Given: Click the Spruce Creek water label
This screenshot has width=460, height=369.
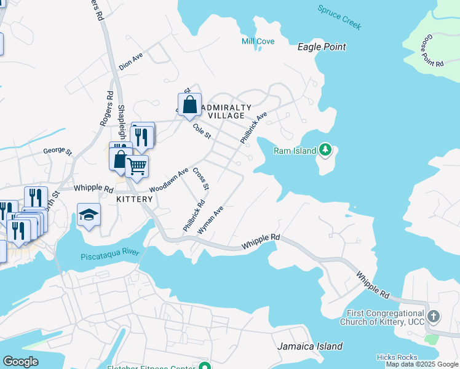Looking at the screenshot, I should (x=339, y=17).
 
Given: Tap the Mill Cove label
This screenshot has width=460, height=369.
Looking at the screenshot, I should (x=258, y=41).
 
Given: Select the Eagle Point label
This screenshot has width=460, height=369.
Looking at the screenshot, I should (x=321, y=47).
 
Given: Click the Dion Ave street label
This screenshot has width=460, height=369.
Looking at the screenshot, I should (x=131, y=61).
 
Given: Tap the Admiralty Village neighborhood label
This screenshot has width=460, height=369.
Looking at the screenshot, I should (x=229, y=111).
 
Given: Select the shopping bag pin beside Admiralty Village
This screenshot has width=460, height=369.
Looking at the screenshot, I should (x=190, y=105).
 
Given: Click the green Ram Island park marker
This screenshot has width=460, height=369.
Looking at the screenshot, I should (x=326, y=151).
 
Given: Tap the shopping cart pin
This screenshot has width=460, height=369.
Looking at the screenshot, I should (x=137, y=165).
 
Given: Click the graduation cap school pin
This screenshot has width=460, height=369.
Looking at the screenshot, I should (x=89, y=215).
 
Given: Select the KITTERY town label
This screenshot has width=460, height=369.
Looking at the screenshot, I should (x=135, y=199).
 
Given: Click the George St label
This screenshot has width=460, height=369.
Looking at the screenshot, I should (x=57, y=151).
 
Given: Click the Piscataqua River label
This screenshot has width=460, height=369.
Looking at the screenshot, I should (x=110, y=255).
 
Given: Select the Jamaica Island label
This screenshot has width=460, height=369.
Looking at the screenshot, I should (x=310, y=346).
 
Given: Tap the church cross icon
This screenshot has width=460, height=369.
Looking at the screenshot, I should (x=434, y=317).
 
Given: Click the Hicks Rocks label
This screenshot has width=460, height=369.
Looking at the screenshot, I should (x=397, y=357).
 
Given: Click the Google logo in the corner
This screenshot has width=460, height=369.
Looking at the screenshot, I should (x=20, y=361).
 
